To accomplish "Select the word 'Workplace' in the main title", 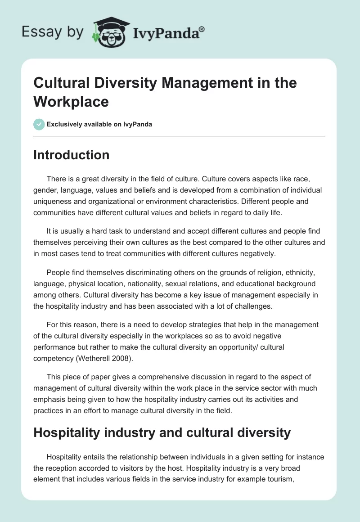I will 71,101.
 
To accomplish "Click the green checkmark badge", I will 39,124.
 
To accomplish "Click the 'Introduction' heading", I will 71,155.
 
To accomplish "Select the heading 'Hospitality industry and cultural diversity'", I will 162,433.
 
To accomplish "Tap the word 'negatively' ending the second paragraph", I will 258,254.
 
